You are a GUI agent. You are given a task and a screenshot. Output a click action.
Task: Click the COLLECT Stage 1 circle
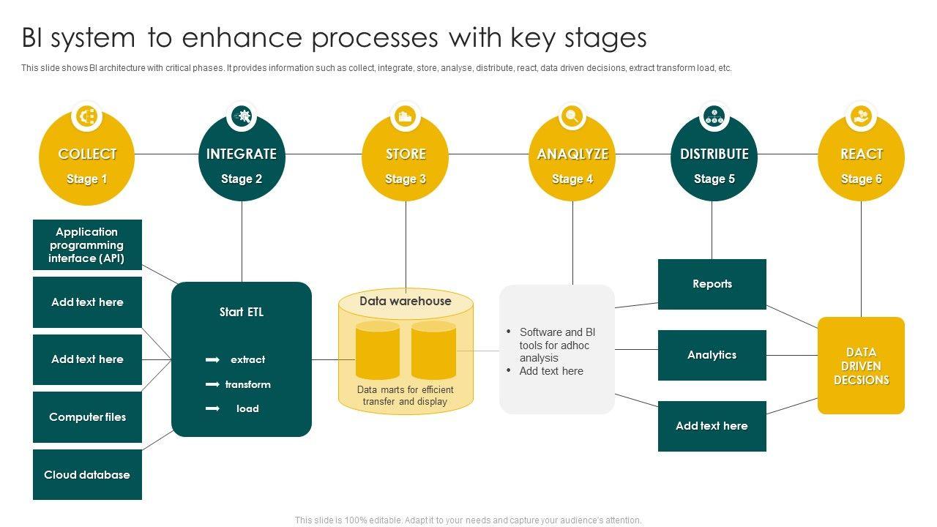tap(86, 157)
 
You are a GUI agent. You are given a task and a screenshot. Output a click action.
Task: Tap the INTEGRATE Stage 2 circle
tap(242, 157)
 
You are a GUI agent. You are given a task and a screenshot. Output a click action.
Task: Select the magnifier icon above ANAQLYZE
tap(572, 116)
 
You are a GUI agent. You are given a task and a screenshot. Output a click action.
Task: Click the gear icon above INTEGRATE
tap(242, 116)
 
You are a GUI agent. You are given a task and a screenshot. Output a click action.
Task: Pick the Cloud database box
tap(87, 475)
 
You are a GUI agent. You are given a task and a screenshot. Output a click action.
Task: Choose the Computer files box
tap(87, 417)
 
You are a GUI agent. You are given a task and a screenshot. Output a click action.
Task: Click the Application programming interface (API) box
tap(87, 244)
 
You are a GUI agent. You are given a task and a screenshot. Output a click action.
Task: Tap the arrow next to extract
tap(212, 359)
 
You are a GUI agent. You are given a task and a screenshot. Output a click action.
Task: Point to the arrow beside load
tap(212, 408)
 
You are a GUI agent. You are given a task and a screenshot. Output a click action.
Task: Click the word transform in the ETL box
tap(247, 384)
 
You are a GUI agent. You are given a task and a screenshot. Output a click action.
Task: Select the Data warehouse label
tap(406, 301)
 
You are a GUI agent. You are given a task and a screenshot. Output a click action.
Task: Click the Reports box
tap(712, 285)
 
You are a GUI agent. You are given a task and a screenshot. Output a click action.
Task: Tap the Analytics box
tap(712, 355)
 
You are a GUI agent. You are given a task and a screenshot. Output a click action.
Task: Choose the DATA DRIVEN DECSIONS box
tap(861, 365)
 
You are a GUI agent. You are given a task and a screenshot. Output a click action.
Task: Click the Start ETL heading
tap(242, 312)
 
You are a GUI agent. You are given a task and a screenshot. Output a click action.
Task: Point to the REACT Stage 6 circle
tap(861, 157)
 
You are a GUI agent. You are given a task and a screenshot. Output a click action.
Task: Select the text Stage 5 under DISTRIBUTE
tap(714, 179)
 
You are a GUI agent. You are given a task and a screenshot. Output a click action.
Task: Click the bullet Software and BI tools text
tap(557, 345)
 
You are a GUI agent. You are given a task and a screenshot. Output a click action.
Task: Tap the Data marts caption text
tap(405, 396)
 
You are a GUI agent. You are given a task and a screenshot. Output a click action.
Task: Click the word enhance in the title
tap(242, 37)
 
